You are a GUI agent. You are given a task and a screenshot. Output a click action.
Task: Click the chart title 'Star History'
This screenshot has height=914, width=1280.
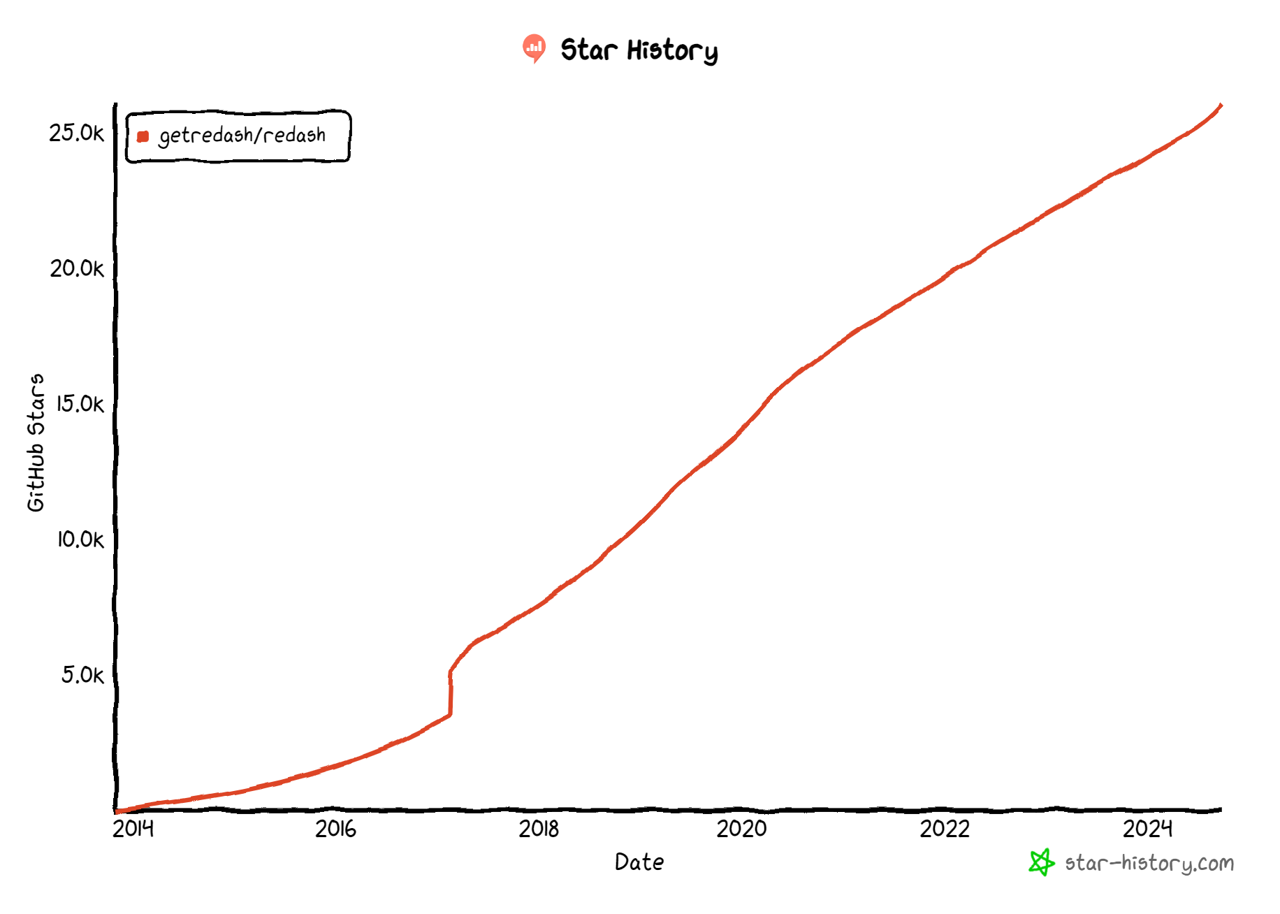point(639,50)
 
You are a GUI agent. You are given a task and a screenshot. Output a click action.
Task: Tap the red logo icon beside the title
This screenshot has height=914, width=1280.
point(534,48)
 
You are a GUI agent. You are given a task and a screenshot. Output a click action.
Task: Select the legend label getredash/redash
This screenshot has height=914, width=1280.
point(242,135)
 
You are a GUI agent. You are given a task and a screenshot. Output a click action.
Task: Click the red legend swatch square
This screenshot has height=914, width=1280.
point(143,136)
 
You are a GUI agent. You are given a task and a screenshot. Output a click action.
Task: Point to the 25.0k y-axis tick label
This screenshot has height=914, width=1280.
point(76,132)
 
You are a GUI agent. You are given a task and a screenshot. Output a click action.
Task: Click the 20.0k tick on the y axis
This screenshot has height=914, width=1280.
point(76,268)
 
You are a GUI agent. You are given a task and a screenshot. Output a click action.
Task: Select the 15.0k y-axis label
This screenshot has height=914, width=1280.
point(80,403)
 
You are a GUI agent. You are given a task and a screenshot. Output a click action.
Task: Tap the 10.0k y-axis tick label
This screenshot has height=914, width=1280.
point(80,539)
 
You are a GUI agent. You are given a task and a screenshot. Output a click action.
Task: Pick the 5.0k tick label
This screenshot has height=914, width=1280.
point(82,674)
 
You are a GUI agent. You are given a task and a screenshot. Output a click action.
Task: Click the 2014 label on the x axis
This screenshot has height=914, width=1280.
point(133,829)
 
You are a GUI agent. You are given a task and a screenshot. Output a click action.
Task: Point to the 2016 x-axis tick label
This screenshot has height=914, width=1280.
point(335,829)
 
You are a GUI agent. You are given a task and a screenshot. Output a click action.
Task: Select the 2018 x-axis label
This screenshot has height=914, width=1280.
point(539,829)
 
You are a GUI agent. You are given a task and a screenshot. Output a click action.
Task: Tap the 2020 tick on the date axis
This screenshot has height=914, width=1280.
point(741,829)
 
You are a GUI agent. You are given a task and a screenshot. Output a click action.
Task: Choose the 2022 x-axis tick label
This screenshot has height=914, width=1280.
point(945,829)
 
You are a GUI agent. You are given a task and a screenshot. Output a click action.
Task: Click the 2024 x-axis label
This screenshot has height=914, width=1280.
point(1147,829)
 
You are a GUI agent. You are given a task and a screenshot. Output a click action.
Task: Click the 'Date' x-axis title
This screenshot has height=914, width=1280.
point(639,862)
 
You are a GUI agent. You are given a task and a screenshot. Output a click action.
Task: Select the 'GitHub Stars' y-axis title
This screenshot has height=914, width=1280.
point(36,442)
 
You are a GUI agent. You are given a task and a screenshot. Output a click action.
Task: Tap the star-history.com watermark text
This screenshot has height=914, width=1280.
point(1149,864)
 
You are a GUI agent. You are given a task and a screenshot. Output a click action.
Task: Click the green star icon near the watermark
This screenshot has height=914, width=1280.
point(1041,862)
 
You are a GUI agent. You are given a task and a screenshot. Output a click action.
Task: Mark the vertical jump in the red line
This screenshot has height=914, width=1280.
point(450,693)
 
